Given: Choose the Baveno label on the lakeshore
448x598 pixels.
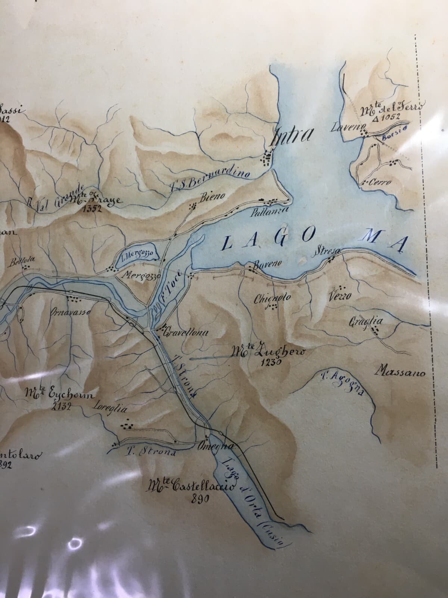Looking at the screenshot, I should (266, 264).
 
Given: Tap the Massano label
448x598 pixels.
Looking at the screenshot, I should (401, 372).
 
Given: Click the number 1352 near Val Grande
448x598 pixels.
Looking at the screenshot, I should (92, 209).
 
